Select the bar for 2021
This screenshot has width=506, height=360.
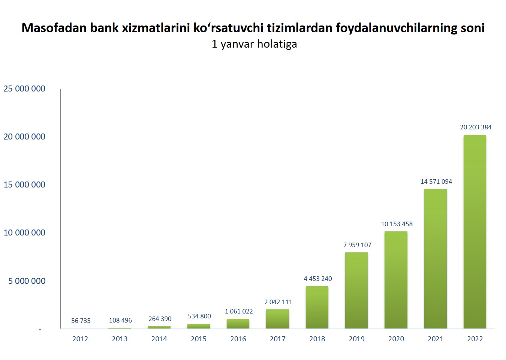[x=435, y=259]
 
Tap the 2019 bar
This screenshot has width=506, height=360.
[x=356, y=291]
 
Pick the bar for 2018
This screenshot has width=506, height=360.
[x=317, y=307]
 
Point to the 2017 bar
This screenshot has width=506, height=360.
[x=277, y=319]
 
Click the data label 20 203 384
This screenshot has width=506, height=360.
[x=475, y=127]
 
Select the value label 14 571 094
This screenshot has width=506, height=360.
[x=436, y=181]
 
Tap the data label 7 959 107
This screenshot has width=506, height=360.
[x=357, y=245]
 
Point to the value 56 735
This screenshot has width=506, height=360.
[x=81, y=321]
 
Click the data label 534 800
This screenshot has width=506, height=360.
[x=199, y=316]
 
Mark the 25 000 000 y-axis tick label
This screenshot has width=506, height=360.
[x=24, y=88]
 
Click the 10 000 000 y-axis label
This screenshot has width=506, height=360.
[x=24, y=232]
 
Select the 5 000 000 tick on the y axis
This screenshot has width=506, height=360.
[x=27, y=281]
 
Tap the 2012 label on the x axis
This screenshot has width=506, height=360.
[x=80, y=339]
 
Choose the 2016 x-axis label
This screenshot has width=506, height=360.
[x=238, y=339]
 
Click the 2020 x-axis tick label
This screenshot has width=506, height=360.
[x=396, y=339]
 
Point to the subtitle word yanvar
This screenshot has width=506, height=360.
[x=237, y=44]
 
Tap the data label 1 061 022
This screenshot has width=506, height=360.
[x=239, y=311]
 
